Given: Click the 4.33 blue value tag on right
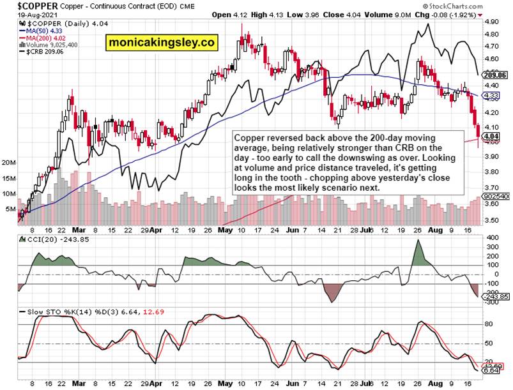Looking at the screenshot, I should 491,96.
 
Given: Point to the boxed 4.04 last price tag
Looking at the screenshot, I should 491,136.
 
